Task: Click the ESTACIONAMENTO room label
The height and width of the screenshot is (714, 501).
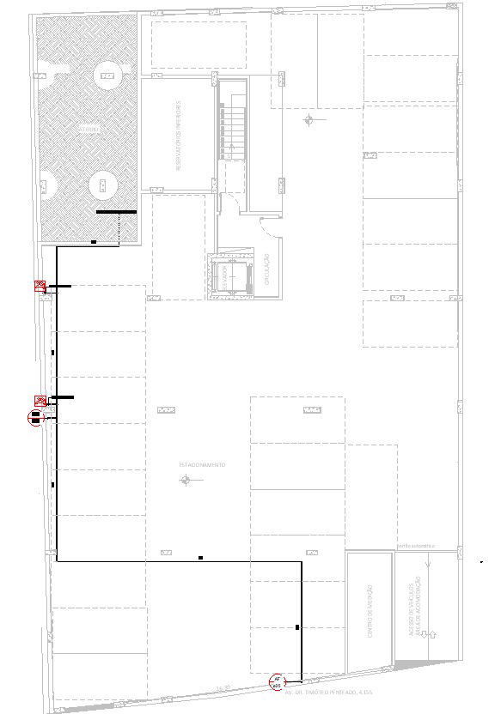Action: coord(202,464)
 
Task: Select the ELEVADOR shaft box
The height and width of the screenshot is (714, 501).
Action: coord(233,275)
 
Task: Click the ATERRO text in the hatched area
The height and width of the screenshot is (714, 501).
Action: coord(89,129)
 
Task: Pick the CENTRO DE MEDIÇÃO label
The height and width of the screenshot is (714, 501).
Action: coord(370,611)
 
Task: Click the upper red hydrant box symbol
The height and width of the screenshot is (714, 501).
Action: coord(40,286)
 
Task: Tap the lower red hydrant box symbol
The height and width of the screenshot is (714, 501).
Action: coord(40,400)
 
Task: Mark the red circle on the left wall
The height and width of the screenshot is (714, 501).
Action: coord(35,419)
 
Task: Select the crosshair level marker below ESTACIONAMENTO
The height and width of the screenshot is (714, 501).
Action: coord(184,481)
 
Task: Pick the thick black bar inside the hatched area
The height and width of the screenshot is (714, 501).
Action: coord(116,211)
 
